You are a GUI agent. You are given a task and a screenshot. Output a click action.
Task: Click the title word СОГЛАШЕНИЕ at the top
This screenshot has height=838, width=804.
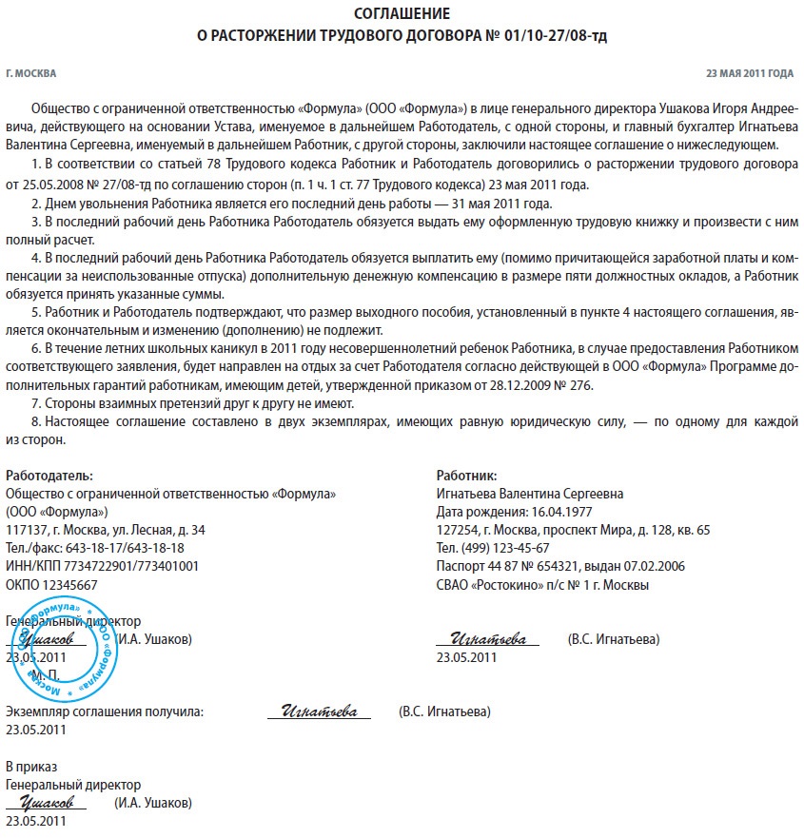pos(402,14)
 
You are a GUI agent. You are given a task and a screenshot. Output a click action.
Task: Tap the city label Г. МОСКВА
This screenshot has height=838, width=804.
pos(30,73)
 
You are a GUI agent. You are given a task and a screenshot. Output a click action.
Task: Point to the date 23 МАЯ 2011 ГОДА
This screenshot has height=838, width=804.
pos(749,73)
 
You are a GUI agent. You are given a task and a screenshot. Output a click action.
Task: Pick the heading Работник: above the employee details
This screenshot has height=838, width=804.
pos(466,476)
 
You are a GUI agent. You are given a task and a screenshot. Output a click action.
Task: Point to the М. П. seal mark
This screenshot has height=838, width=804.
pos(45,674)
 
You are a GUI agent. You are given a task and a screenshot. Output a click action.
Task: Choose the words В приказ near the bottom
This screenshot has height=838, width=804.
pos(31,767)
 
